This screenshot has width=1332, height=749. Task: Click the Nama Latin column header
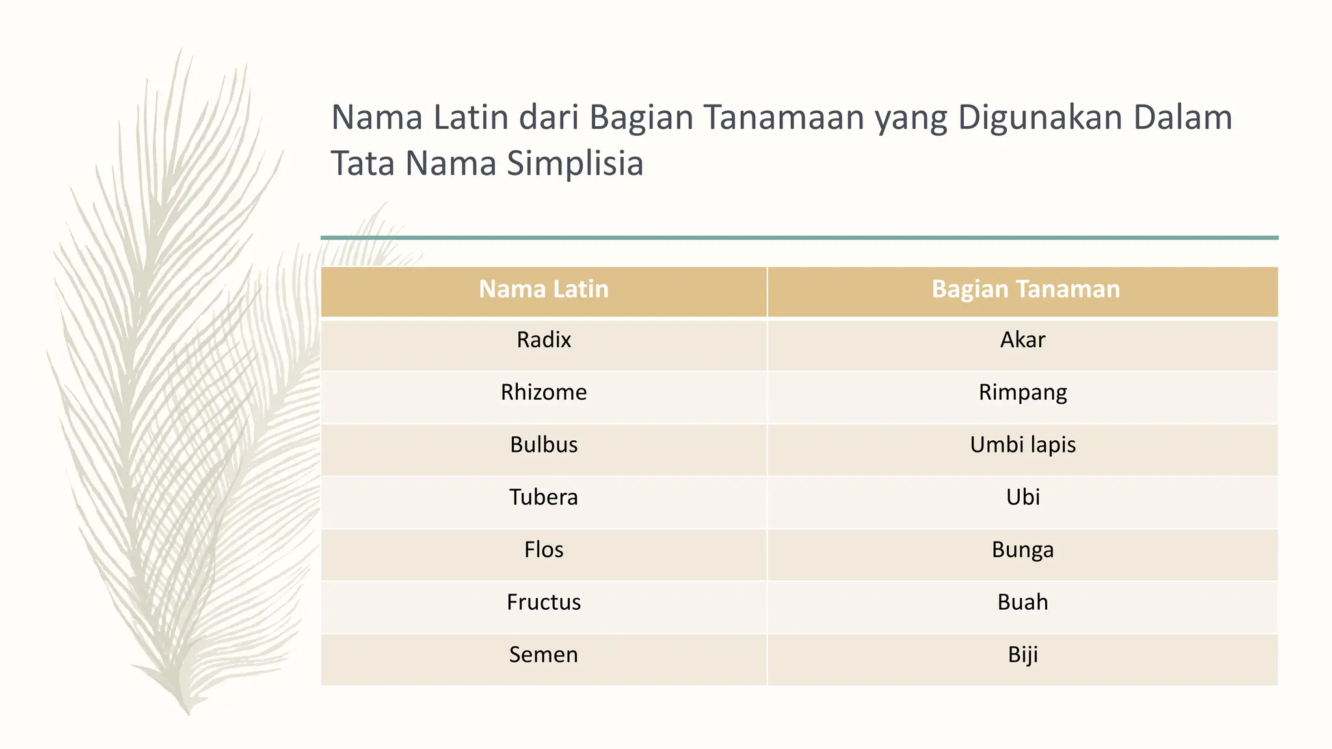click(544, 289)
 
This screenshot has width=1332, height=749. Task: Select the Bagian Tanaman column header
click(1026, 289)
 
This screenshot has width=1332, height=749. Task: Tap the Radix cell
click(544, 340)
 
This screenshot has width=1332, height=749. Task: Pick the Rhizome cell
click(544, 393)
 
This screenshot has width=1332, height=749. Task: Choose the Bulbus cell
click(544, 445)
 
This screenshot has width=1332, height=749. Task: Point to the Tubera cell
click(544, 497)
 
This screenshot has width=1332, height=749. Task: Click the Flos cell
click(544, 550)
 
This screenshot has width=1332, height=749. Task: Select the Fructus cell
click(544, 602)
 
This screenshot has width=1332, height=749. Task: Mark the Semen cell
click(544, 655)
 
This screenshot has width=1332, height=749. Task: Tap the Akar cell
click(1022, 340)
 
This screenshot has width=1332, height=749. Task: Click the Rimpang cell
click(1022, 393)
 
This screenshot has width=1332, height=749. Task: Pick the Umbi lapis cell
click(1022, 445)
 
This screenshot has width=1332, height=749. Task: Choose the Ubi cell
click(1022, 497)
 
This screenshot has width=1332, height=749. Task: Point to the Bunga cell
click(1022, 550)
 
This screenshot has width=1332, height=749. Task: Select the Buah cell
click(1022, 602)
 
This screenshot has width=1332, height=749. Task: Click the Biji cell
click(1022, 655)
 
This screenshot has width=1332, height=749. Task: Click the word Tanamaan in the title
click(784, 118)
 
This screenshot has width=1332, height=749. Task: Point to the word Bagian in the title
click(641, 118)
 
